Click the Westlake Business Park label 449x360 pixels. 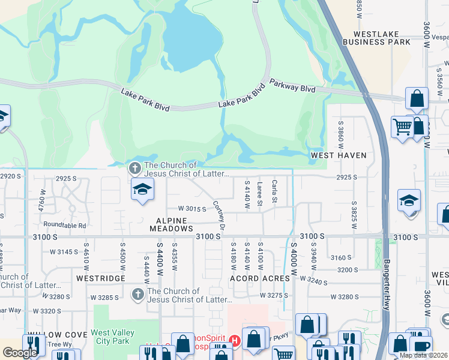pos(376,38)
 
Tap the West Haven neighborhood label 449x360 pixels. pos(339,155)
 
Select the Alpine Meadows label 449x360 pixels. pos(166,224)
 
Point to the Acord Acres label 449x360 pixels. pos(260,278)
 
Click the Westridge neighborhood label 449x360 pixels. pos(101,278)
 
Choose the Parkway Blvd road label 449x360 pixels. pos(292,86)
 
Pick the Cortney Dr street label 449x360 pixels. pos(218,215)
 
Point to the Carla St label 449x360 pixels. pos(275,191)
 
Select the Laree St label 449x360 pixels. pos(260,194)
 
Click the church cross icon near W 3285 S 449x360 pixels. pos(137,294)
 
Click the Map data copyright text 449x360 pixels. pos(423,355)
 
